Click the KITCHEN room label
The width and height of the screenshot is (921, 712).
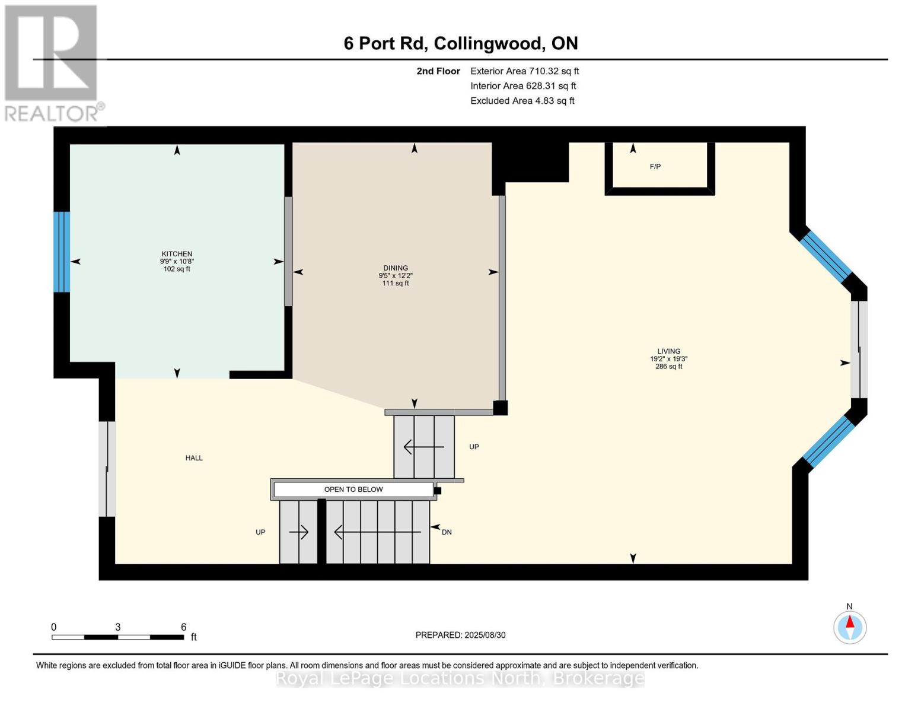pyautogui.click(x=177, y=255)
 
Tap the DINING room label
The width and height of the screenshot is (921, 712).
pyautogui.click(x=396, y=268)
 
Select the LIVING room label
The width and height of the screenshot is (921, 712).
pyautogui.click(x=668, y=351)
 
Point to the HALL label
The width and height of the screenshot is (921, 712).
pyautogui.click(x=194, y=458)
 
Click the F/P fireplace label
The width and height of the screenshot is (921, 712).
pyautogui.click(x=655, y=167)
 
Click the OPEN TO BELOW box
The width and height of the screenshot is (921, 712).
pyautogui.click(x=353, y=490)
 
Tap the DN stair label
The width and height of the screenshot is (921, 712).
pyautogui.click(x=447, y=532)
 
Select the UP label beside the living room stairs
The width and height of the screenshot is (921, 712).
pyautogui.click(x=474, y=447)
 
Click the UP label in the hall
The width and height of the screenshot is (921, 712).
pyautogui.click(x=260, y=532)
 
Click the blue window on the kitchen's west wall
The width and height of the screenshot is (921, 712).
pyautogui.click(x=62, y=252)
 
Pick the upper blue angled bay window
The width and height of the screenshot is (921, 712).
pyautogui.click(x=826, y=256)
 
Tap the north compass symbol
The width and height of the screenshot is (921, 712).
pyautogui.click(x=850, y=627)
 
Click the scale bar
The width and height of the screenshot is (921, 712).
pyautogui.click(x=117, y=637)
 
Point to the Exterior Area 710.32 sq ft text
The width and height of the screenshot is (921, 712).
pyautogui.click(x=524, y=71)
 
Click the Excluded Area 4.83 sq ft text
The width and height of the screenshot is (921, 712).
pyautogui.click(x=522, y=101)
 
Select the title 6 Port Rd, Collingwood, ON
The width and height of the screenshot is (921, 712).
pyautogui.click(x=461, y=43)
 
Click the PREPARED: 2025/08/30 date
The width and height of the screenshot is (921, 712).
pyautogui.click(x=460, y=635)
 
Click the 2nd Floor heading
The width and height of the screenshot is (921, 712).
pyautogui.click(x=438, y=71)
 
